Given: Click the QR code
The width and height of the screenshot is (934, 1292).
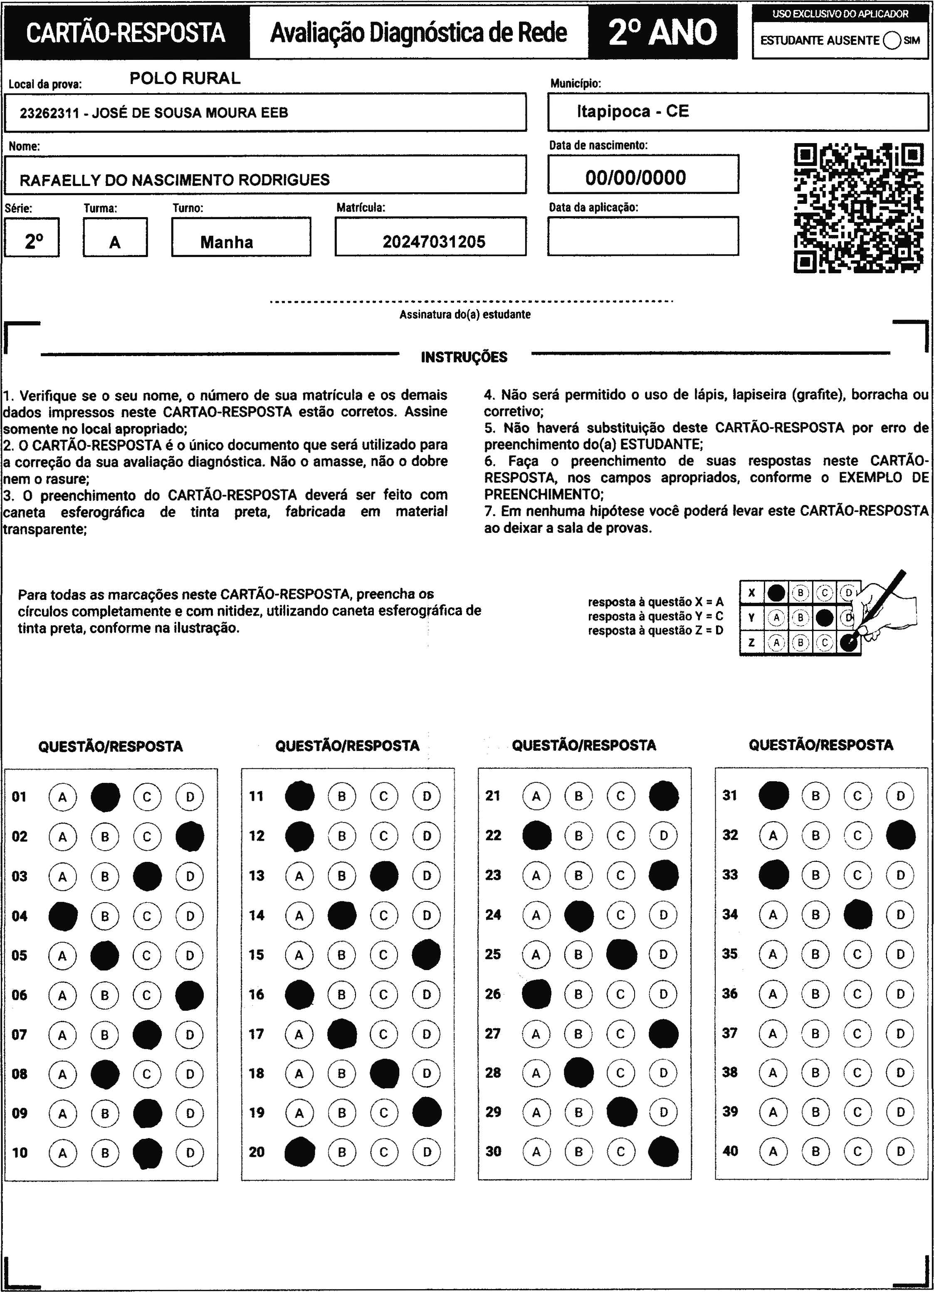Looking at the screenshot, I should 859,208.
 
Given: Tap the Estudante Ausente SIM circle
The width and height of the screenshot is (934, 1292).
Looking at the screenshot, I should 892,40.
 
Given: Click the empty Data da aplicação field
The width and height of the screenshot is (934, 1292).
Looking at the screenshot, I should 643,236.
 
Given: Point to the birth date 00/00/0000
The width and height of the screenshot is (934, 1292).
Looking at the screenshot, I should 635,178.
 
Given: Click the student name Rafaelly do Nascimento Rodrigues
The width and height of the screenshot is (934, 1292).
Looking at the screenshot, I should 174,180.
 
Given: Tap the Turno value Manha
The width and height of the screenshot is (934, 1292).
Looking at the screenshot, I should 227,242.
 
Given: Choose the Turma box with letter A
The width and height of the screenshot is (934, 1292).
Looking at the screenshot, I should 115,242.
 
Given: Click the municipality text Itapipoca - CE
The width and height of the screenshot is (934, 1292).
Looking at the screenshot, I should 632,111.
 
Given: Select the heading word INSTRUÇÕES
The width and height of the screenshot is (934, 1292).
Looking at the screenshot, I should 464,357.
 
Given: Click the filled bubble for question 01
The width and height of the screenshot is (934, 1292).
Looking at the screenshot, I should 105,797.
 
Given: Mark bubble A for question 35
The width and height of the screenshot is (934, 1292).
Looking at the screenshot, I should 773,954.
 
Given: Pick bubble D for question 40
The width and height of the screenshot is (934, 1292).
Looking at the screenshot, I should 900,1151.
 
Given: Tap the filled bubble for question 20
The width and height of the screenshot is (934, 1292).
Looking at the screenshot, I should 299,1152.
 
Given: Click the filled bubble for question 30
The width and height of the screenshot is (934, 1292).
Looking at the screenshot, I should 663,1151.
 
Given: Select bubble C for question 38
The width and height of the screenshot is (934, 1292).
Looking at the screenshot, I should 857,1073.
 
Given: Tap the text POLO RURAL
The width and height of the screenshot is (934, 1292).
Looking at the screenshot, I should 185,79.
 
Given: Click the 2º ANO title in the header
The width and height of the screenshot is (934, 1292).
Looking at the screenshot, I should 663,32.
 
